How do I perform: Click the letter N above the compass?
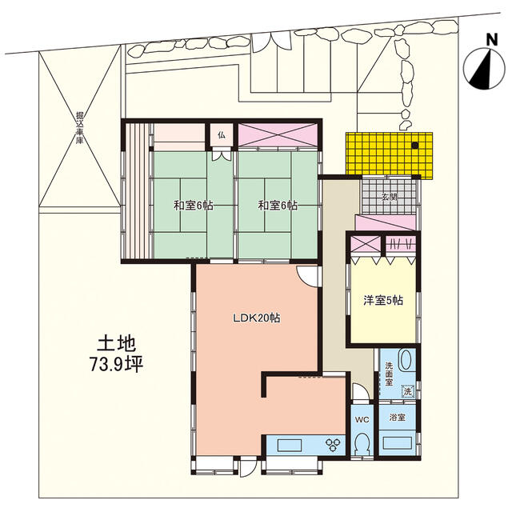pos(492,39)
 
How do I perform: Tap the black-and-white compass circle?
pos(484,69)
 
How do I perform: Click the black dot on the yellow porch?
pos(414,146)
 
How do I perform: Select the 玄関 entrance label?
pos(390,197)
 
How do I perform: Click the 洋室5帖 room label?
pos(383,300)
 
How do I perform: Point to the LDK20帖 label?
pos(256,318)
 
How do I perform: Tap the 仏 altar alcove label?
pos(222,135)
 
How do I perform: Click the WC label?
pos(362,419)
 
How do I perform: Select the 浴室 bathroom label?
pos(398,417)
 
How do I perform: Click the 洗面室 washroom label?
pos(389,374)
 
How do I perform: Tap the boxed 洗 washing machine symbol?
pos(408,391)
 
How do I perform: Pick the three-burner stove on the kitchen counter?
pos(333,445)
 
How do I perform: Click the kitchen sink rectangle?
pos(290,446)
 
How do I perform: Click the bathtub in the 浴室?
pos(397,443)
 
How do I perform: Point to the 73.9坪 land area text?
pos(117,365)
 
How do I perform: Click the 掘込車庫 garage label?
pos(79,128)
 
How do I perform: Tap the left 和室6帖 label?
pos(194,206)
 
